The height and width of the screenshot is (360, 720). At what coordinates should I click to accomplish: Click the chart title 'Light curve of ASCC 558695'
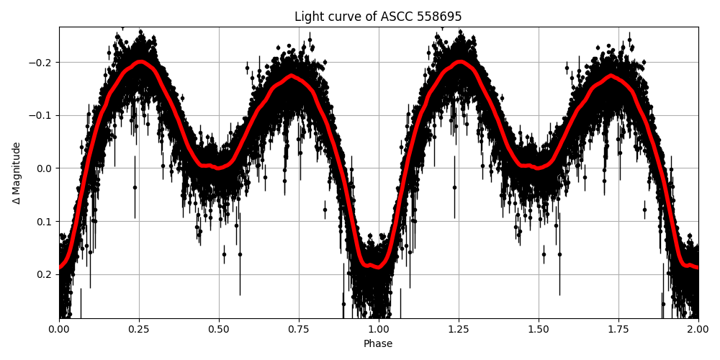click(378, 17)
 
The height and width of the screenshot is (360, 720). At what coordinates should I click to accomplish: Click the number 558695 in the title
click(438, 17)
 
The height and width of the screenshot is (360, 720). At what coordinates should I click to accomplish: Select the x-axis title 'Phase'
click(378, 344)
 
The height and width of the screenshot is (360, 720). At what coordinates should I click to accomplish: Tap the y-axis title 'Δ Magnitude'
click(17, 173)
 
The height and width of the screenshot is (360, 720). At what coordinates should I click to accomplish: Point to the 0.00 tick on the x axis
click(59, 330)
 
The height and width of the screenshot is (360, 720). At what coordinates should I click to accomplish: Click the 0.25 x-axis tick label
click(139, 330)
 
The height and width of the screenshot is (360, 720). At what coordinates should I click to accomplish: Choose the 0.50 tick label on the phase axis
click(219, 330)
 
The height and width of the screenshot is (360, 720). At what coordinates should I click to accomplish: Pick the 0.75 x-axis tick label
click(299, 330)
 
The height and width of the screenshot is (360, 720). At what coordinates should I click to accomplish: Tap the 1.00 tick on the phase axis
click(379, 330)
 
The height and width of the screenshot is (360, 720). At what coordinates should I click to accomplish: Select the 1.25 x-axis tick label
click(459, 330)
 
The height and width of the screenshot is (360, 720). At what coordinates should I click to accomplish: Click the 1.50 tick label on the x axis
click(539, 330)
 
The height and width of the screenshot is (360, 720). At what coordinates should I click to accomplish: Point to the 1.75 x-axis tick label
click(618, 330)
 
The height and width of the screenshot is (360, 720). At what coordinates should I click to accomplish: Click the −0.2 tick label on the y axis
click(42, 63)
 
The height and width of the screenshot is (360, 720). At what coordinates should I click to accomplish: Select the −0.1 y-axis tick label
click(42, 115)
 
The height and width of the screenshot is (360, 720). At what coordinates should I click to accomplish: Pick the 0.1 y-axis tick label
click(45, 221)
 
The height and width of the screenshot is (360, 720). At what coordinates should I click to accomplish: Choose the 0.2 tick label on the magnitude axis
click(45, 274)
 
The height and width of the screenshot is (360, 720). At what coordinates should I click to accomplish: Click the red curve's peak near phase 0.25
click(141, 62)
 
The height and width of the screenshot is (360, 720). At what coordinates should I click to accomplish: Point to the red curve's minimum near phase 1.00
click(377, 267)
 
